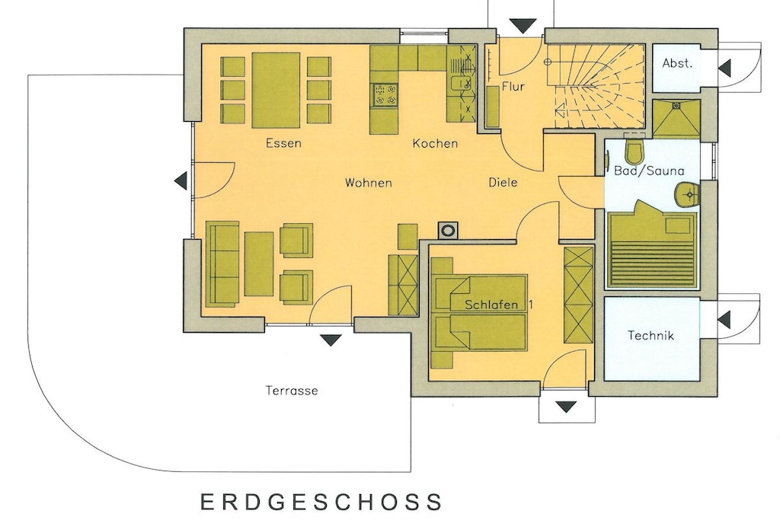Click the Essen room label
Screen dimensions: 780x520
[x=283, y=143]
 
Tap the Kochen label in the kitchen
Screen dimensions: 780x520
[x=435, y=144]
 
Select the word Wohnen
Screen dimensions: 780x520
[x=369, y=183]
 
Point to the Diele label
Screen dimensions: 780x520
[x=503, y=183]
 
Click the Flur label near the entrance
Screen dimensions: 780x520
[x=513, y=87]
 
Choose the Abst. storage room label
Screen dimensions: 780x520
[x=677, y=63]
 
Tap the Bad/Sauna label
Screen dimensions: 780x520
[x=649, y=171]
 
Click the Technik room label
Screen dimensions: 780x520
[x=651, y=336]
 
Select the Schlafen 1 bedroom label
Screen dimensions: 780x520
[x=498, y=305]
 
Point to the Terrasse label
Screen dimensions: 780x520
[x=292, y=391]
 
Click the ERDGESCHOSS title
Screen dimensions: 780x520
[x=321, y=502]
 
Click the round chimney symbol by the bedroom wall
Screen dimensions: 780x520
[x=448, y=230]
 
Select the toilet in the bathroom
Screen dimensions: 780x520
[x=635, y=152]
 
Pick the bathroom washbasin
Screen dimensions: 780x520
[x=688, y=193]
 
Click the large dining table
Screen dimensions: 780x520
[x=276, y=90]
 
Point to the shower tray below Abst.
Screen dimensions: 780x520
[x=676, y=118]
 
